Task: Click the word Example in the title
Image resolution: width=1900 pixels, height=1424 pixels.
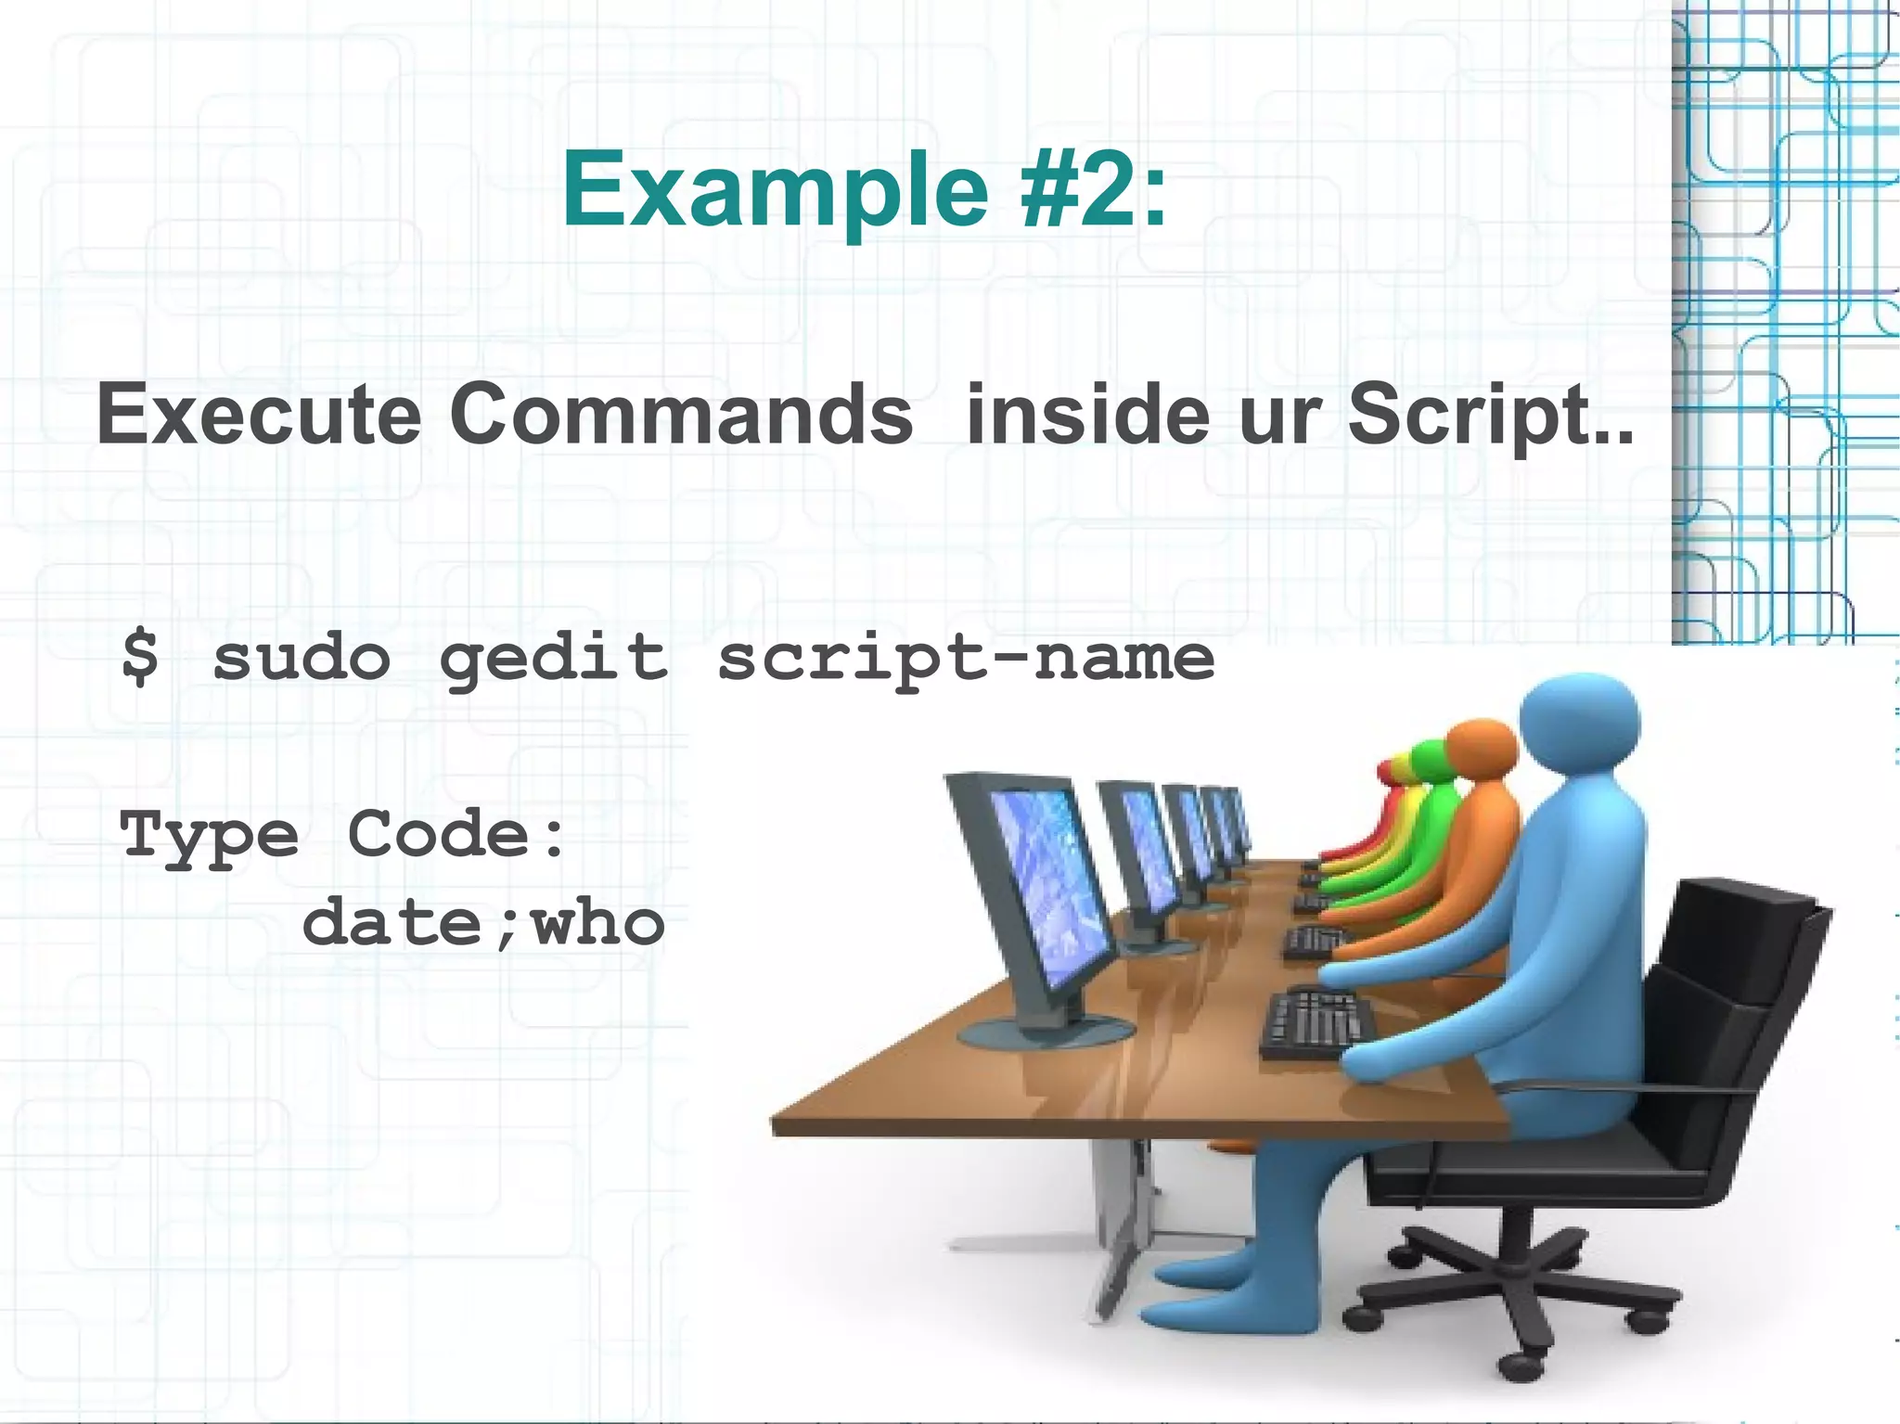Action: (x=776, y=192)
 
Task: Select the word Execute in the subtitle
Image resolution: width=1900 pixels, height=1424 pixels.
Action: (x=259, y=415)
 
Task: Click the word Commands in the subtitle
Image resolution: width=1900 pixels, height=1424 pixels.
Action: (x=681, y=415)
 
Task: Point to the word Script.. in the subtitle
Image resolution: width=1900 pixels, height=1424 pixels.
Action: (x=1490, y=415)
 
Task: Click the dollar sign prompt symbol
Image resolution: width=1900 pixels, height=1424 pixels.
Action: (x=140, y=656)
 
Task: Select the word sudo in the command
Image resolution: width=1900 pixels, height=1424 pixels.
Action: (x=302, y=656)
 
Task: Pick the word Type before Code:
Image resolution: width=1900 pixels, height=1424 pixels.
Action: (x=210, y=836)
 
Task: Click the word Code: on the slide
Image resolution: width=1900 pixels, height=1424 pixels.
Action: (x=456, y=834)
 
